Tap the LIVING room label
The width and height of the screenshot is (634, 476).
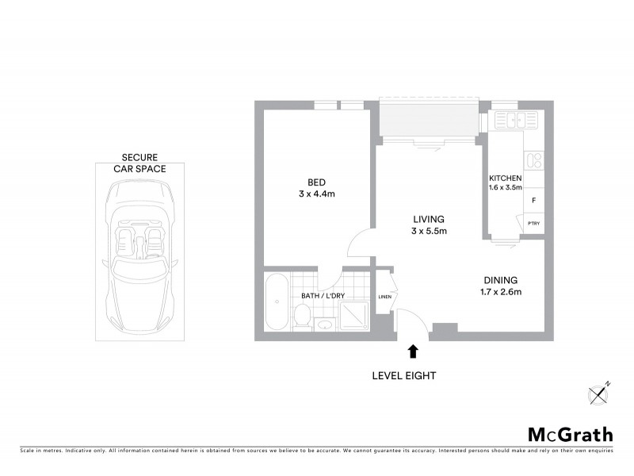(428, 219)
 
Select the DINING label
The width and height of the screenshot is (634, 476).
(501, 280)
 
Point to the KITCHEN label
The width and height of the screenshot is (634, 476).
(505, 178)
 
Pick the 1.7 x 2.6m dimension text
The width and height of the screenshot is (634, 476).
(501, 292)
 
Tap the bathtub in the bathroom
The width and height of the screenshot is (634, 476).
(277, 302)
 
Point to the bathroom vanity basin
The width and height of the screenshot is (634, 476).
(323, 324)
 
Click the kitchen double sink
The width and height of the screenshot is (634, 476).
(510, 121)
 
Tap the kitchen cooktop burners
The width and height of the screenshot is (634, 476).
(534, 160)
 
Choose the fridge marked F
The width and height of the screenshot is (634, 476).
(534, 202)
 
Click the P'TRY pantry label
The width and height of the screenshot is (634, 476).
(534, 224)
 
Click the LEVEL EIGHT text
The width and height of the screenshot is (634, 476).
(404, 375)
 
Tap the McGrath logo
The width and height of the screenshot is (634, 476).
(570, 434)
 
